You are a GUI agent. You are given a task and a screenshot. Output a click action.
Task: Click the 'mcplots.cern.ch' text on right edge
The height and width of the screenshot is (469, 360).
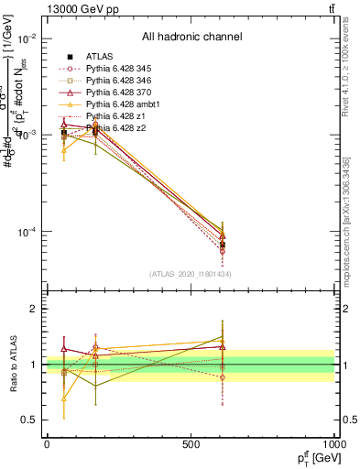pyautogui.click(x=352, y=247)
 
